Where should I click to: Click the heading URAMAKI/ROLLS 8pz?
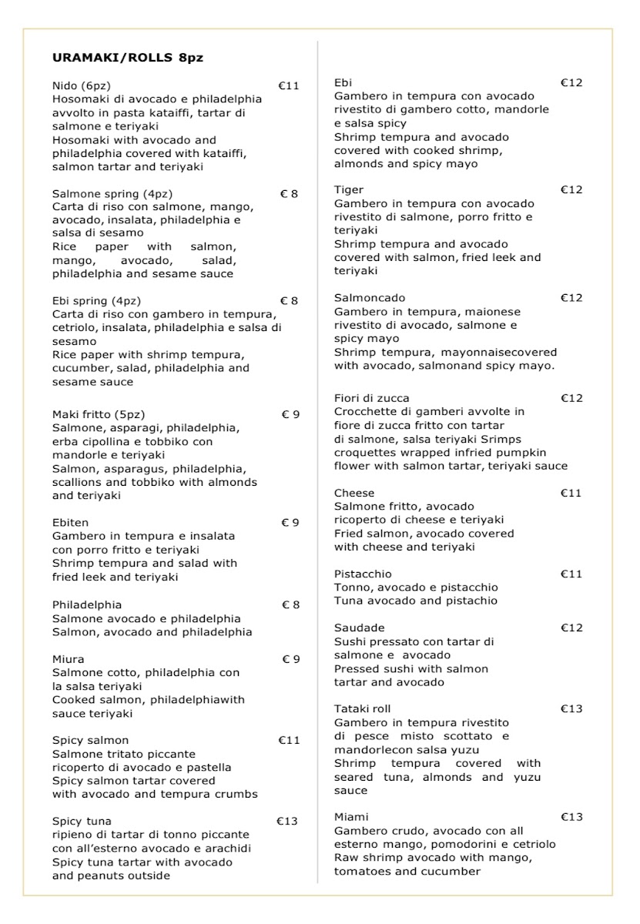[x=128, y=57]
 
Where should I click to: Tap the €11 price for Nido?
[x=288, y=85]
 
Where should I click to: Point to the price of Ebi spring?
[x=289, y=300]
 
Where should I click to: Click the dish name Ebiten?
[x=70, y=522]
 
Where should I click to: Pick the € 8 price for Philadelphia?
[x=290, y=604]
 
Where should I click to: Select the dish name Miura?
[x=69, y=659]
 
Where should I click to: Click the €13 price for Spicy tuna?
[x=287, y=821]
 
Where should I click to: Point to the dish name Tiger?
[x=349, y=189]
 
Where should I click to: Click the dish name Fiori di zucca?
[x=372, y=398]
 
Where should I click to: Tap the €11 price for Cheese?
[x=571, y=493]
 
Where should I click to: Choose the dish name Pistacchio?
[x=363, y=574]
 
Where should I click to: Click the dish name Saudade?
[x=359, y=628]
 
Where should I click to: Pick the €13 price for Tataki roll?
[x=571, y=708]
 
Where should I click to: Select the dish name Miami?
[x=351, y=816]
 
